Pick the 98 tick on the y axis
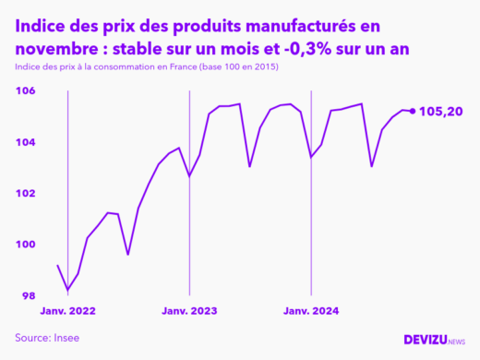[28, 295]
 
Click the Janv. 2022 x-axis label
[67, 311]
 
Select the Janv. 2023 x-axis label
[189, 311]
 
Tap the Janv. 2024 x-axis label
[311, 311]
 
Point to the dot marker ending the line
[412, 111]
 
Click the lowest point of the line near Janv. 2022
[67, 289]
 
